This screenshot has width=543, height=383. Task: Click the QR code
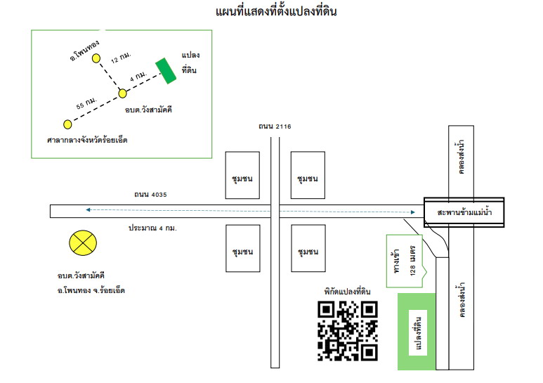click(x=347, y=331)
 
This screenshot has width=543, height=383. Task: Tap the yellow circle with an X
click(x=83, y=242)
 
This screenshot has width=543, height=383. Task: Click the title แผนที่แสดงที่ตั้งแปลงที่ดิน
click(x=276, y=11)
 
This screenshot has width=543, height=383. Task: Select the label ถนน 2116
click(x=275, y=126)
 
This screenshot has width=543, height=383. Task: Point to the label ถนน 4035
click(x=150, y=194)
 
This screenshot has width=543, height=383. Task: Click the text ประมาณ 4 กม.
click(x=152, y=228)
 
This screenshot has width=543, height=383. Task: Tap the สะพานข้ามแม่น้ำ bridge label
click(x=464, y=212)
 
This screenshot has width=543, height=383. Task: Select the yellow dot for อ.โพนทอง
click(x=96, y=58)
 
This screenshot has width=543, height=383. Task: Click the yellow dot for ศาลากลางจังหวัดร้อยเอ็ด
click(x=67, y=124)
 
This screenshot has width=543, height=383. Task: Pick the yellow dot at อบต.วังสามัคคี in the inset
click(x=122, y=93)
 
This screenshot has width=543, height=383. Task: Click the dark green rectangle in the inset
click(x=166, y=71)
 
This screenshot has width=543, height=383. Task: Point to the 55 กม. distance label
click(x=86, y=103)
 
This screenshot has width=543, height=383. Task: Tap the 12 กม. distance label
click(x=121, y=57)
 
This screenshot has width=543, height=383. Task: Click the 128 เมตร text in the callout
click(x=412, y=261)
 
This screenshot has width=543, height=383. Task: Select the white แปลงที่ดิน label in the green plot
click(x=418, y=333)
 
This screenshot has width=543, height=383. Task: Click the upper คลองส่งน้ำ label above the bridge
click(x=461, y=157)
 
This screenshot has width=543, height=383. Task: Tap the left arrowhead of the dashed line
click(x=89, y=210)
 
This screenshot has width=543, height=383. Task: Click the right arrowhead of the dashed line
click(x=412, y=212)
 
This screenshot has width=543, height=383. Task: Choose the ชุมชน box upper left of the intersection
click(x=242, y=175)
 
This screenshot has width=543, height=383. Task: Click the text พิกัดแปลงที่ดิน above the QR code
click(x=347, y=292)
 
